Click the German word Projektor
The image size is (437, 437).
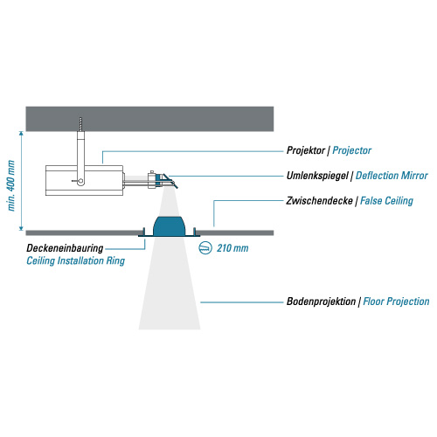tap(306, 150)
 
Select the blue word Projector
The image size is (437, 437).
tap(352, 150)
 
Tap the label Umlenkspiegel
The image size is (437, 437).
tap(317, 176)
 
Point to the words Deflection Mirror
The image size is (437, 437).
tap(392, 176)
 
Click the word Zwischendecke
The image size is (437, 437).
tap(319, 201)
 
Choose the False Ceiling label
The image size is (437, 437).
tap(386, 201)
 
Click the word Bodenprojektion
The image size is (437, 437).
tap(321, 302)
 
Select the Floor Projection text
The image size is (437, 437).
tap(396, 302)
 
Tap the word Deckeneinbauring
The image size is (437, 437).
tap(65, 248)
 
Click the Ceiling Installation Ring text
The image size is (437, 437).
tap(75, 260)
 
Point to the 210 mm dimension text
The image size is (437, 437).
tap(232, 248)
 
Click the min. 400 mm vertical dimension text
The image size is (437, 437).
tap(11, 185)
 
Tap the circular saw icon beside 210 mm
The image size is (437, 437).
tap(205, 248)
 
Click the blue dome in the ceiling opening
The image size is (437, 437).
tap(169, 226)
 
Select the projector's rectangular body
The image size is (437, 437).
tap(84, 181)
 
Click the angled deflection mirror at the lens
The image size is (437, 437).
tap(170, 181)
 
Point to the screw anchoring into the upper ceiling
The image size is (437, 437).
tap(80, 124)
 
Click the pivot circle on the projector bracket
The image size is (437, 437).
tap(80, 182)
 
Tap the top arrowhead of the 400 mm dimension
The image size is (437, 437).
tap(21, 133)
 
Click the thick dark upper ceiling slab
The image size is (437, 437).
tap(149, 119)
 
